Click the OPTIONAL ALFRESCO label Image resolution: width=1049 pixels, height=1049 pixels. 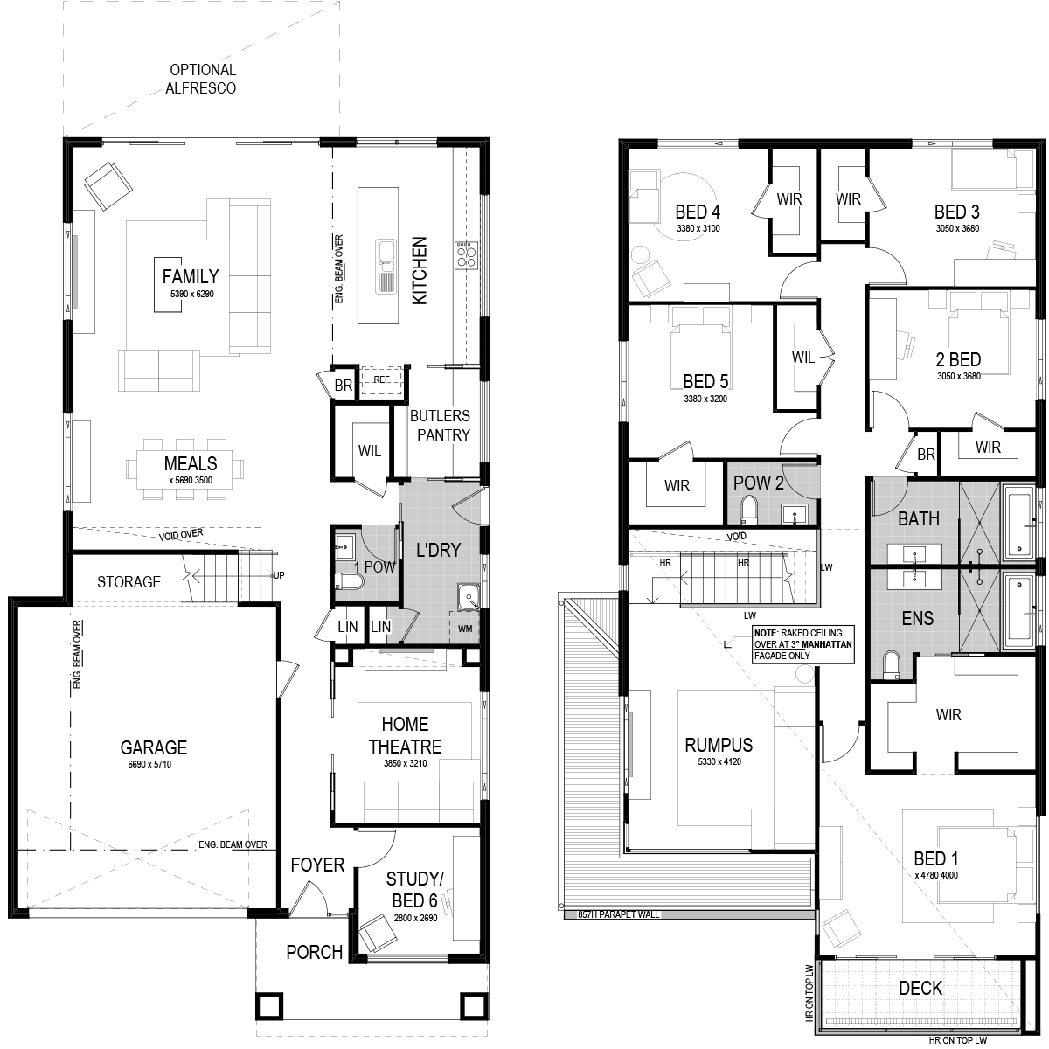[x=201, y=79]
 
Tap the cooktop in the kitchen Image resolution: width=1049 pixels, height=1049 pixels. [x=467, y=254]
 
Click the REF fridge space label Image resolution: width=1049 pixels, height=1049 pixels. [x=382, y=379]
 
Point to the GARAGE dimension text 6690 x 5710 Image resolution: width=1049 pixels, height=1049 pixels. [x=149, y=764]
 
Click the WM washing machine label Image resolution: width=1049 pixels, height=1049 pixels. [x=465, y=629]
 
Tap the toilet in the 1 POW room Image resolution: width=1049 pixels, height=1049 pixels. [x=349, y=581]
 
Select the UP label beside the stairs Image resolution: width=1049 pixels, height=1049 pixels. [x=279, y=575]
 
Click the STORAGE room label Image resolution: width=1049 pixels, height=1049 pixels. [x=129, y=582]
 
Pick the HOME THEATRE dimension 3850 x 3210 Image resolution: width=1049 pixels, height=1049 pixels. [x=405, y=763]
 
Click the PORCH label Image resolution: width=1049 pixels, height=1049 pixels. [x=315, y=952]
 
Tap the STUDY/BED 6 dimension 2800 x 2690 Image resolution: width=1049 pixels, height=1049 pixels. [x=415, y=918]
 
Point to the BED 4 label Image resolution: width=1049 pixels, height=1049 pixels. [x=698, y=212]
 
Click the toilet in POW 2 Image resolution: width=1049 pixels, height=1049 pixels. [x=749, y=511]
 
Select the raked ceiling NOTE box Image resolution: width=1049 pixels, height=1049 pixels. [x=803, y=644]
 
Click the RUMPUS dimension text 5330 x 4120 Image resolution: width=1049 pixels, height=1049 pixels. [x=719, y=761]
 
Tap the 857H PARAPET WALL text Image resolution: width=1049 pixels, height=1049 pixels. [x=618, y=914]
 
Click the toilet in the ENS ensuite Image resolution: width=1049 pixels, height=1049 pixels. [x=891, y=666]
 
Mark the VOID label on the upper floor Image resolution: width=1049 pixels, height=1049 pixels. [x=737, y=537]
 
